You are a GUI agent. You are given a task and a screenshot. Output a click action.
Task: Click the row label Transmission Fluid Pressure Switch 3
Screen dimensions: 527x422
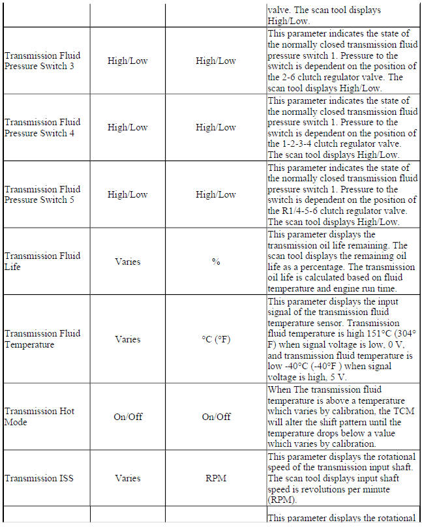coord(42,61)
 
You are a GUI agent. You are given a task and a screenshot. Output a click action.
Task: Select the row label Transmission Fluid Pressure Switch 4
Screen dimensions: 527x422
coord(42,127)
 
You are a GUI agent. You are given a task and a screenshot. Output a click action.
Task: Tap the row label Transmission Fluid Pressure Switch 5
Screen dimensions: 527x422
coord(42,194)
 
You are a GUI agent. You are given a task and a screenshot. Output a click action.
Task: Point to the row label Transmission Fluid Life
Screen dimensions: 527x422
coord(42,261)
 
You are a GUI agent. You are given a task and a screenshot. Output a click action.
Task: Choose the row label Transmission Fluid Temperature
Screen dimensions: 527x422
coord(42,339)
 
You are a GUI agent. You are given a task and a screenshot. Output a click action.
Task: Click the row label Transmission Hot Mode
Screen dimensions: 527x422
coord(40,417)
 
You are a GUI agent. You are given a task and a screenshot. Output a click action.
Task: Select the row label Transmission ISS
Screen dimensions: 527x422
coord(40,478)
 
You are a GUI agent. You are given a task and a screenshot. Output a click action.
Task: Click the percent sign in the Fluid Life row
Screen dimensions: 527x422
coord(216,262)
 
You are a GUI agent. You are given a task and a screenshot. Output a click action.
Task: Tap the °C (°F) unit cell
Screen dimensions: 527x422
coord(216,339)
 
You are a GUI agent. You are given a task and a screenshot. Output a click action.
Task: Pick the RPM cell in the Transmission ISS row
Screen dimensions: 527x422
coord(216,478)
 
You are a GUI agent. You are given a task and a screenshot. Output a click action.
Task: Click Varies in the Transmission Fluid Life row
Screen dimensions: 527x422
coord(127,262)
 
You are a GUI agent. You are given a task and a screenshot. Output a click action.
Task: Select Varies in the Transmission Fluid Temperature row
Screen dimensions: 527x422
coord(127,339)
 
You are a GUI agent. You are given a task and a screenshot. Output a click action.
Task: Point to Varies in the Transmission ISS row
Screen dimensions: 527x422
coord(127,478)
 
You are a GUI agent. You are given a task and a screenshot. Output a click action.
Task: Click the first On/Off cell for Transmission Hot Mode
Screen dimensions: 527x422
coord(127,417)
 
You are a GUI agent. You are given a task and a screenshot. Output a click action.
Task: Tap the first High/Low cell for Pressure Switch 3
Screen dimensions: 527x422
coord(127,61)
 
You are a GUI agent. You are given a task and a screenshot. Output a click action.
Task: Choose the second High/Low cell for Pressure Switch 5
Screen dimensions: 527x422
coord(216,194)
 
